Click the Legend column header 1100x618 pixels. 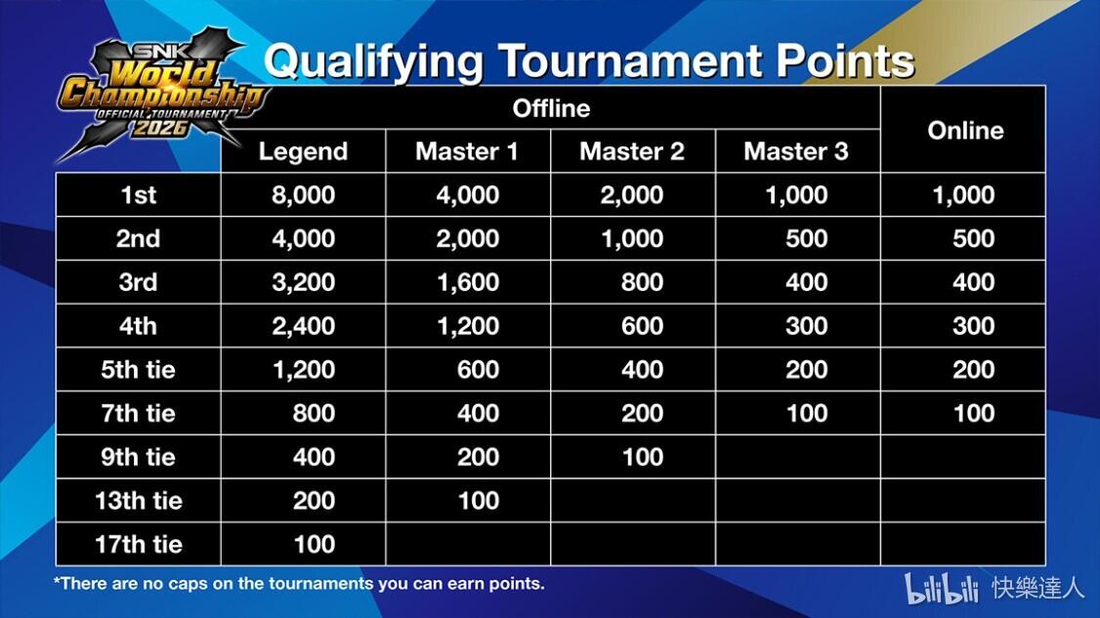pos(303,150)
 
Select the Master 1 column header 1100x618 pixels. pos(467,150)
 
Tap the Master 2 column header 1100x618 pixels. pos(631,150)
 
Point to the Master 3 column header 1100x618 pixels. pos(796,150)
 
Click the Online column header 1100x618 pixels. pos(965,130)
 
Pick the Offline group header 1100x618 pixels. pos(551,108)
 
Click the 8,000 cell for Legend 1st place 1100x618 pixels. pos(303,195)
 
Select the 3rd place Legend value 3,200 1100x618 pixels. pos(303,282)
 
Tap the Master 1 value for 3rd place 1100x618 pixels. pos(468,282)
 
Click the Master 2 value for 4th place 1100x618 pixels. pos(642,325)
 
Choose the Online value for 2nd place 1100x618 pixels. pos(973,238)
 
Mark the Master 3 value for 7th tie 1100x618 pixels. pos(807,413)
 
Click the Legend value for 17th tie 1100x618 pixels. pos(314,545)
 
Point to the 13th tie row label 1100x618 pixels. pos(138,501)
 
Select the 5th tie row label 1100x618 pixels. pos(138,370)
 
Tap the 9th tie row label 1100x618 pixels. pos(138,457)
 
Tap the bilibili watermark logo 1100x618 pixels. pos(941,588)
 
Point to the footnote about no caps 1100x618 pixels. pos(299,584)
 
